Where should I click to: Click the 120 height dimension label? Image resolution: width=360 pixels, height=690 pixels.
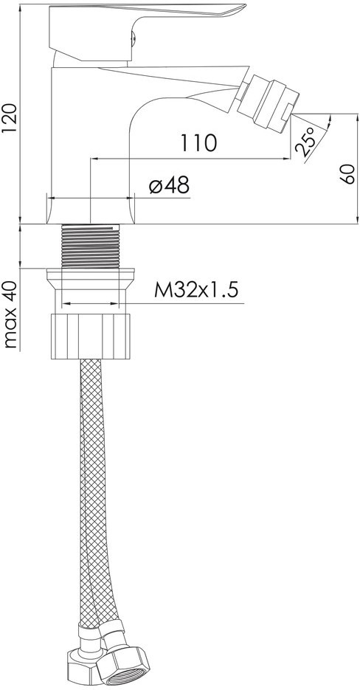point(10,118)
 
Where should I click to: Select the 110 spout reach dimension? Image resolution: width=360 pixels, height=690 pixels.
point(198,142)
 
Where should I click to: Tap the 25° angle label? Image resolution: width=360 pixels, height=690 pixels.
point(307,142)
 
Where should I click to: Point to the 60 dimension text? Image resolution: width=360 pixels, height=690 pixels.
point(347,174)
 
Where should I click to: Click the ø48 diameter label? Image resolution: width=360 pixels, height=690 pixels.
point(169,186)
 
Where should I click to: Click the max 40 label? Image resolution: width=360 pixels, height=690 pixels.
point(10,314)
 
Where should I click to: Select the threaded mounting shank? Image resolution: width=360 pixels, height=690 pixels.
point(90,246)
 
